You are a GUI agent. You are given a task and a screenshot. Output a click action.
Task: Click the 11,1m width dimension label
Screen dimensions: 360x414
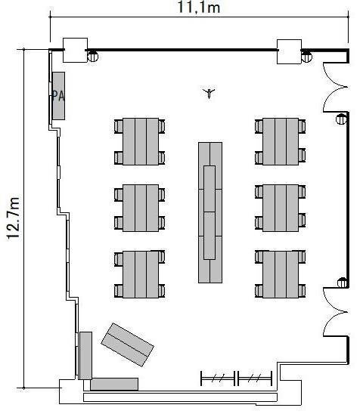(198, 7)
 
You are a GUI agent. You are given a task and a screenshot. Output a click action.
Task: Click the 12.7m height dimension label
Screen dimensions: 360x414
(13, 218)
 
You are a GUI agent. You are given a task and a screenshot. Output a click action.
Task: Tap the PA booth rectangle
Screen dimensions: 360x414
(58, 96)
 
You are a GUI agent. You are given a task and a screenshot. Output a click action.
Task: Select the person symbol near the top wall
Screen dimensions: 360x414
(209, 93)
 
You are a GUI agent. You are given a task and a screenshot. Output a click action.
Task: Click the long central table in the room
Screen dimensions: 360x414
(210, 212)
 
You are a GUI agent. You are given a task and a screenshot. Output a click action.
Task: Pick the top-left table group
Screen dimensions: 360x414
(140, 141)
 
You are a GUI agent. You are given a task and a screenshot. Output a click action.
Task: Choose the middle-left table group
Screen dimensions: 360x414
(140, 208)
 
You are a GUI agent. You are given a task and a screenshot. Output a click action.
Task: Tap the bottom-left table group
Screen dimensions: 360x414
(140, 274)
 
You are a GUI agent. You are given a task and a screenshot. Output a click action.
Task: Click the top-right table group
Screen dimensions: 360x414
(281, 141)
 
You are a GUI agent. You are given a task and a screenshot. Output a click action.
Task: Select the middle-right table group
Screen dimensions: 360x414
(281, 208)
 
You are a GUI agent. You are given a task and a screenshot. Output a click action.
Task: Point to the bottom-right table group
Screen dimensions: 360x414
(281, 274)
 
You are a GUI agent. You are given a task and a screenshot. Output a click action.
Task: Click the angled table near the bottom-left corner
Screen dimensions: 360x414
(127, 344)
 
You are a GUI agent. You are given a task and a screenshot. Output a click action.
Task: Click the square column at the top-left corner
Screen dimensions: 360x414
(75, 50)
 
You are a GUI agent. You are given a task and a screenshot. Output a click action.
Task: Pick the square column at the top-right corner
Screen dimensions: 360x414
(289, 51)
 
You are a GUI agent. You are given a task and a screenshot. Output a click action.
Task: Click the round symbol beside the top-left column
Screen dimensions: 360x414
(93, 57)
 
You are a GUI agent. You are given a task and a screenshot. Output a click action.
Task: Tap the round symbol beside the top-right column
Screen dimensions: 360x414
(306, 57)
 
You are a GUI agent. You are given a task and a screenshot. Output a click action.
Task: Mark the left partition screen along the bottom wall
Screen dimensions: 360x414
(218, 378)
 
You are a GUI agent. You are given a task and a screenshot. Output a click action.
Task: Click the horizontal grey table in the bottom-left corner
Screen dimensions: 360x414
(114, 385)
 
